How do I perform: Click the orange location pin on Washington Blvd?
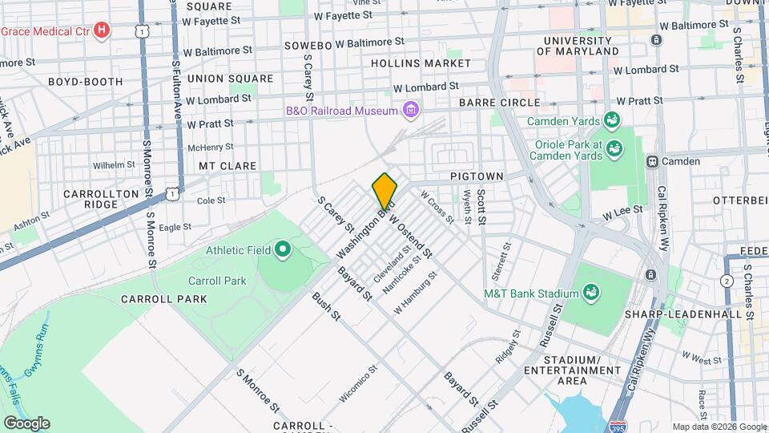click(384, 192)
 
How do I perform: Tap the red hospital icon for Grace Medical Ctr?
click(101, 31)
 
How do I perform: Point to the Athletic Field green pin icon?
click(282, 250)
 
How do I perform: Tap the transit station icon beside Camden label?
click(652, 161)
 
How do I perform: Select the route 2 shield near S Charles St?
click(727, 281)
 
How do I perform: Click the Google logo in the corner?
click(26, 423)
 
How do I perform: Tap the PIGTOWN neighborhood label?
click(476, 176)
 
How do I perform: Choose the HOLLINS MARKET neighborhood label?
click(421, 63)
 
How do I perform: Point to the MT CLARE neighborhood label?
click(227, 166)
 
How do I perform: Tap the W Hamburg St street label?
click(416, 293)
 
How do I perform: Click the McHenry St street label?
click(210, 147)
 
